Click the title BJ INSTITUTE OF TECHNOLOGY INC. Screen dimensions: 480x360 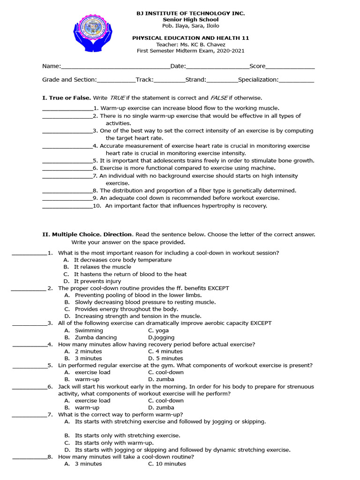[190, 13]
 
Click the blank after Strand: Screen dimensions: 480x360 [222, 80]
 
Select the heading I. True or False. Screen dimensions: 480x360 [67, 98]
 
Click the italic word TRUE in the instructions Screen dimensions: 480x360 [117, 98]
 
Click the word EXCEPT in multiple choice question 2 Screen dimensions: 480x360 [218, 288]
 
